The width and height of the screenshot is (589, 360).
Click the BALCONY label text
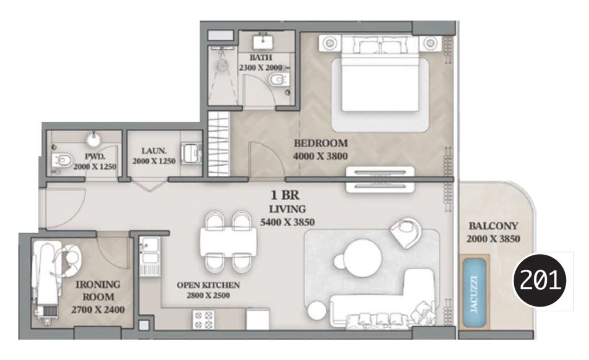[x=493, y=226]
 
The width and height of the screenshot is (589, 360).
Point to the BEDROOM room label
[x=320, y=143]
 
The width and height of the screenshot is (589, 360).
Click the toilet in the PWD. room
[x=62, y=159]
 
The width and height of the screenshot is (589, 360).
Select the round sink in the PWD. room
[x=94, y=139]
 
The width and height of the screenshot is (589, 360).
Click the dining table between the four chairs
[x=228, y=241]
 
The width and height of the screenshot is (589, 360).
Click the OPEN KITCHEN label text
[x=208, y=285]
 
